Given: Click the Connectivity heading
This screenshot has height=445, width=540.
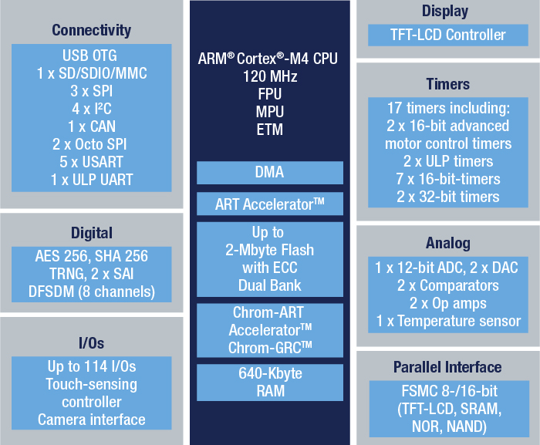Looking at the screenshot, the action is click(91, 30).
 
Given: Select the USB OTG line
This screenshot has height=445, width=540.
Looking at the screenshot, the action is click(89, 56).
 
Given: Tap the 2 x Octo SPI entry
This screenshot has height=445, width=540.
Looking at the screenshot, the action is click(89, 144).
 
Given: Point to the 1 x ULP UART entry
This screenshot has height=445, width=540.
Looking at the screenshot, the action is click(92, 180).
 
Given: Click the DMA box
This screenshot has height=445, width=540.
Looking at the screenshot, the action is click(270, 173).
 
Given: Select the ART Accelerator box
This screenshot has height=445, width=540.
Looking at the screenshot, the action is click(270, 204).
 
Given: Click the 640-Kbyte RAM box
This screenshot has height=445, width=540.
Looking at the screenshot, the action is click(270, 383).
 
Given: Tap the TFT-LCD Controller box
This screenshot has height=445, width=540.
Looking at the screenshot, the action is click(448, 35).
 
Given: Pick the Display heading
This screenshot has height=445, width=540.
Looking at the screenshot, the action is click(445, 12).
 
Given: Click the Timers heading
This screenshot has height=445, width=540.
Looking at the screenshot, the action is click(447, 84).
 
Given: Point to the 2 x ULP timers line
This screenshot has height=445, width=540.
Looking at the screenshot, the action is click(448, 161).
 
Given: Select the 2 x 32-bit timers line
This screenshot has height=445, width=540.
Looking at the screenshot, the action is click(448, 197).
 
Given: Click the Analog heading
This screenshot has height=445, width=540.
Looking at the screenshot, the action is click(448, 243).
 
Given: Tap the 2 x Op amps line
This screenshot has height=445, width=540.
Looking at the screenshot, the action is click(448, 303).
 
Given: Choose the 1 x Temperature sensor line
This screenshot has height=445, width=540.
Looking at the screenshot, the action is click(448, 321).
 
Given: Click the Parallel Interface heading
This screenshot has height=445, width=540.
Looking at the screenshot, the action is click(447, 367).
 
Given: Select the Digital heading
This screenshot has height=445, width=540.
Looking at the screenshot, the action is click(92, 233).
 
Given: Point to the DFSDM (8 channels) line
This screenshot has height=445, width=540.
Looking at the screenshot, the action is click(92, 292).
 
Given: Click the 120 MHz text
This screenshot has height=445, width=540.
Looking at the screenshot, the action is click(270, 76).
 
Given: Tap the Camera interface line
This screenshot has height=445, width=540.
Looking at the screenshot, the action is click(92, 420).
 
